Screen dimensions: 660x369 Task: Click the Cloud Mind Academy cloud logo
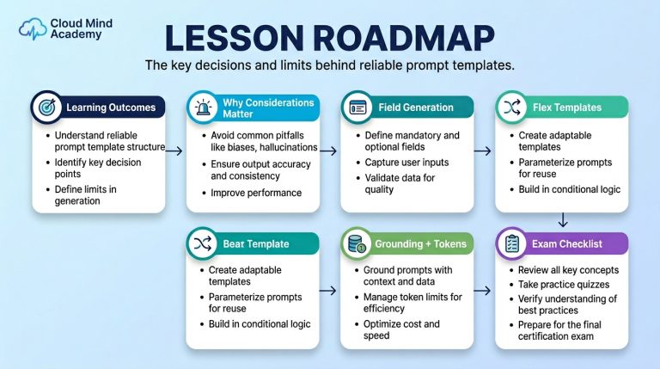33,28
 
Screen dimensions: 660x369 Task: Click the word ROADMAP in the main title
404,39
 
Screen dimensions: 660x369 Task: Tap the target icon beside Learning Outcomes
46,107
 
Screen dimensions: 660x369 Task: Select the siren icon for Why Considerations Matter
203,108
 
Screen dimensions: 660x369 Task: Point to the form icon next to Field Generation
357,108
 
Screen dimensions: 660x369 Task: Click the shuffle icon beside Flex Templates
512,108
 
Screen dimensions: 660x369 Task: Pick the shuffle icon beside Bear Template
203,243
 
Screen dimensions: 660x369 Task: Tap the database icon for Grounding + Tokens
357,244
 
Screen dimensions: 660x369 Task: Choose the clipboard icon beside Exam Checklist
511,243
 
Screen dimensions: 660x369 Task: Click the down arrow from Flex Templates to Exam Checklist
562,220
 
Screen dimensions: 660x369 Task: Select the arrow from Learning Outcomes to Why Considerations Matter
174,151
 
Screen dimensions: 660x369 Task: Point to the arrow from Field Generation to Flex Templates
482,151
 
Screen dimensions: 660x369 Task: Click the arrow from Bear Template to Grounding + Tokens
328,290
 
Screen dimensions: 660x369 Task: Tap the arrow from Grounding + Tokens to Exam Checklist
482,290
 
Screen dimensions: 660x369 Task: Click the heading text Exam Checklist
566,244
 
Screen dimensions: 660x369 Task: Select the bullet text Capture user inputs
406,163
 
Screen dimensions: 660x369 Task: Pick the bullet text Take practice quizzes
564,285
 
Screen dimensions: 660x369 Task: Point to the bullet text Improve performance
256,193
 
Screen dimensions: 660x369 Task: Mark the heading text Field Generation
416,108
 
